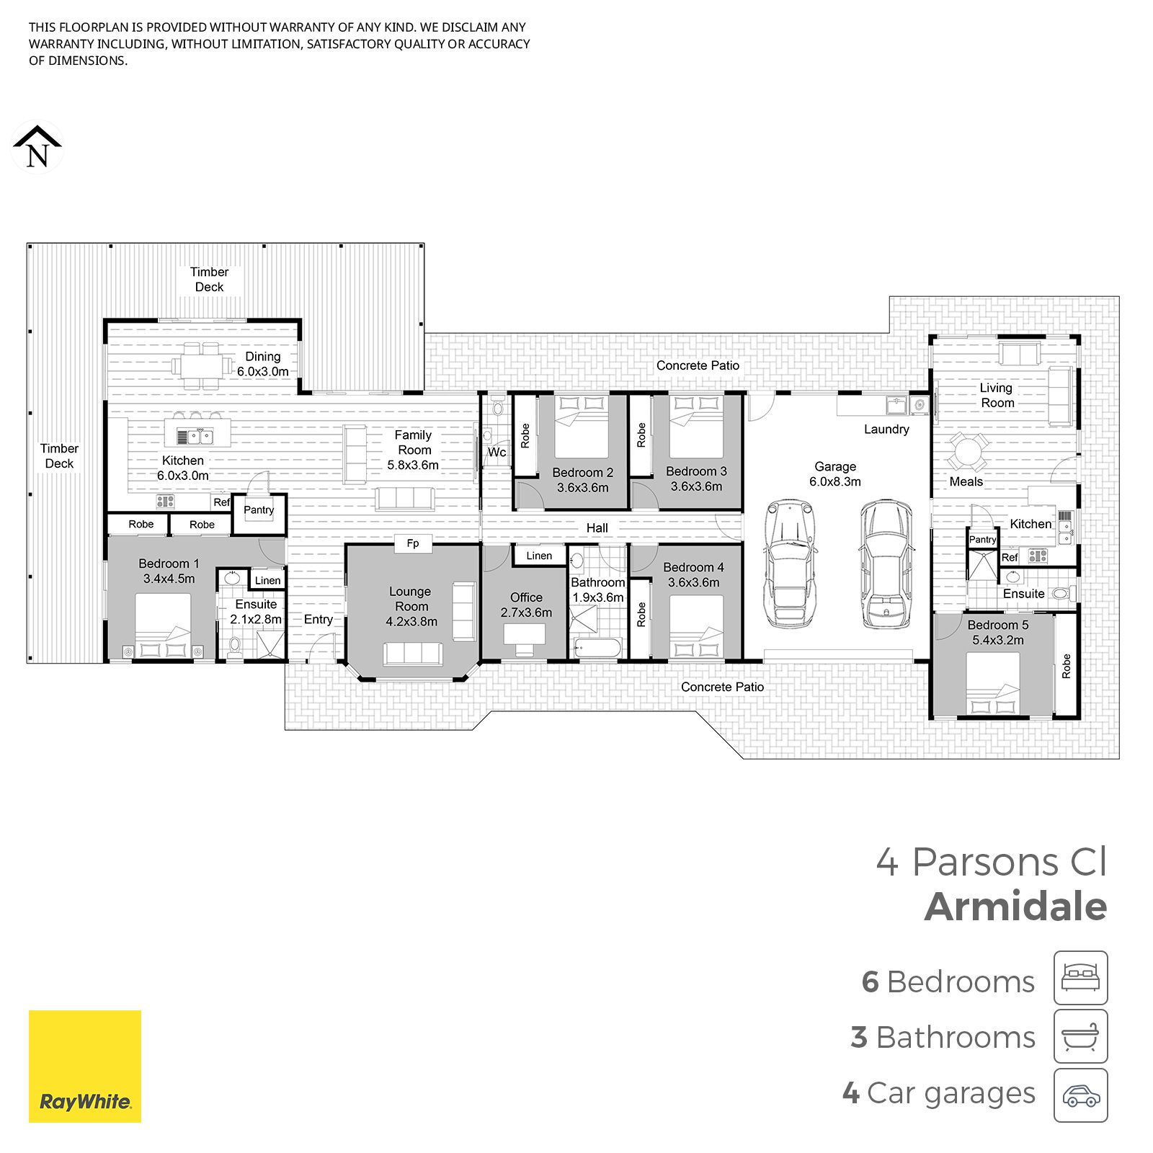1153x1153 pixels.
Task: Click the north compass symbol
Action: point(37,148)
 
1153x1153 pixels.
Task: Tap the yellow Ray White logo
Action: point(85,1066)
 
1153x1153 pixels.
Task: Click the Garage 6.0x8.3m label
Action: point(835,474)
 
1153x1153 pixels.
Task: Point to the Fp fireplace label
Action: point(413,543)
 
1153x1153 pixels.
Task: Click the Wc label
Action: point(497,453)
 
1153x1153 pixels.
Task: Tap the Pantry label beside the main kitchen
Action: point(259,510)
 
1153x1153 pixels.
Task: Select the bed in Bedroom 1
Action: point(163,625)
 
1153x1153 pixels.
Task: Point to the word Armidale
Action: point(1016,907)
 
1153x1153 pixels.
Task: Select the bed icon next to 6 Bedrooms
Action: point(1080,978)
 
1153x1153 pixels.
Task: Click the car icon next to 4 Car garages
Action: point(1080,1095)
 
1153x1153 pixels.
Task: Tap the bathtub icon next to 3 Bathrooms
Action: point(1080,1036)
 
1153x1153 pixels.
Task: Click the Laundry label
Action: point(886,429)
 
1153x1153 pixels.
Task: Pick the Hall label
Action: point(597,528)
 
